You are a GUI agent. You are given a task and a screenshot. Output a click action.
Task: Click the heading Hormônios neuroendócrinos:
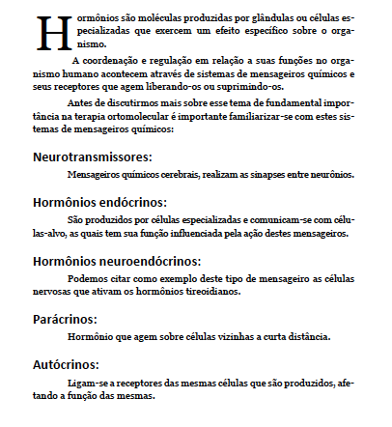tap(117, 261)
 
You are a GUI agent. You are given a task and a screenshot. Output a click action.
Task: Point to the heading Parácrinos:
tap(66, 318)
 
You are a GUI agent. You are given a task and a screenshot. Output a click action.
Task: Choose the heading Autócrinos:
tap(66, 365)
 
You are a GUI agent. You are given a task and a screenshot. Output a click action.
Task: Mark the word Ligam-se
tap(89, 384)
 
